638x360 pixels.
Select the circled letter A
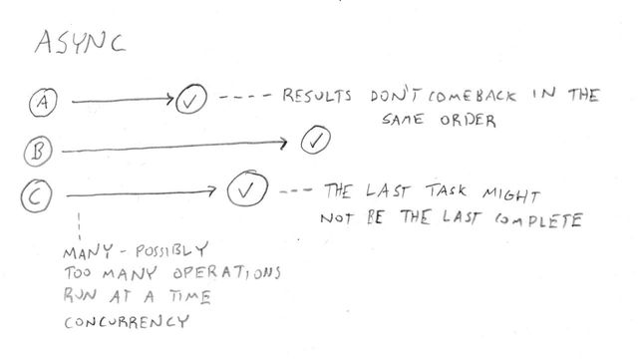[x=43, y=100]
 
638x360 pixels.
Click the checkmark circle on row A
[x=189, y=101]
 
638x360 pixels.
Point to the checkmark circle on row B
[x=316, y=140]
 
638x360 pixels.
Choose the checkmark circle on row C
[x=246, y=188]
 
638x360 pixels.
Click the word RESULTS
[x=317, y=97]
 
